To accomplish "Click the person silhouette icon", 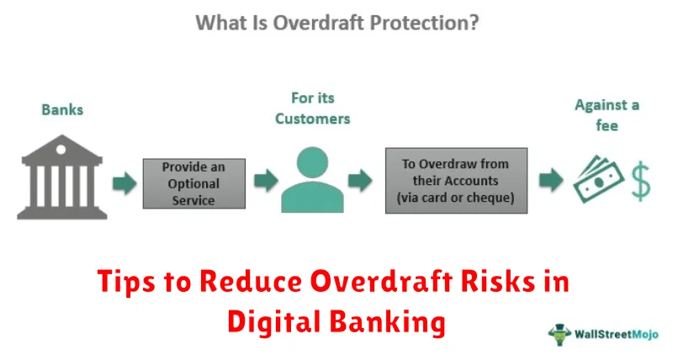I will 312,181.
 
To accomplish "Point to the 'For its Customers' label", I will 313,109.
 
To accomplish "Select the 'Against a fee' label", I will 606,116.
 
